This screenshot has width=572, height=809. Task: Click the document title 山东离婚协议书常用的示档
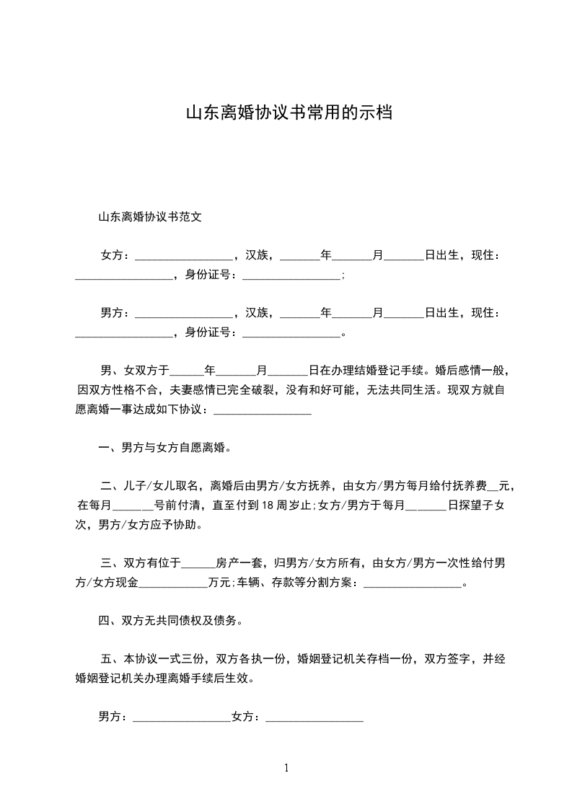pyautogui.click(x=289, y=113)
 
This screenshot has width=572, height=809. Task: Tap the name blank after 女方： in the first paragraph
pyautogui.click(x=184, y=255)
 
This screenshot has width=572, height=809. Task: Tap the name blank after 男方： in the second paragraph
pyautogui.click(x=184, y=313)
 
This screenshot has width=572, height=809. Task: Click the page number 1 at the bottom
pyautogui.click(x=286, y=768)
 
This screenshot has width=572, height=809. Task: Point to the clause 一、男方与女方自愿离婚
pyautogui.click(x=166, y=447)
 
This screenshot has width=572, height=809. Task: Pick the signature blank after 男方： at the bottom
pyautogui.click(x=182, y=717)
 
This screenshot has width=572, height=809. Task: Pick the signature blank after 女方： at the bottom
pyautogui.click(x=314, y=717)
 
